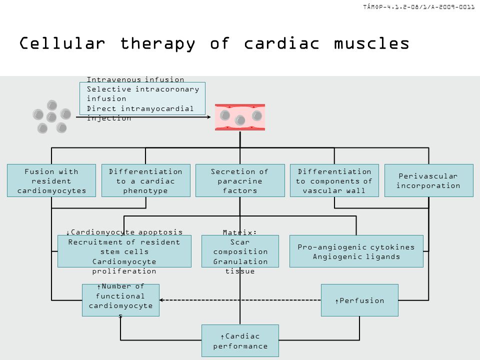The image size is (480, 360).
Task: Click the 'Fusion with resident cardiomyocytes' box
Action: click(51, 180)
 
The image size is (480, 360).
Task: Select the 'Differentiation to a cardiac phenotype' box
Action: click(145, 180)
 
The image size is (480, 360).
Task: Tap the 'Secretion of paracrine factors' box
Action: click(240, 180)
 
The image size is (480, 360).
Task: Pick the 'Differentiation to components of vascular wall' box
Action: click(334, 180)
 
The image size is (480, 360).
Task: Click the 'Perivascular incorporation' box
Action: click(429, 180)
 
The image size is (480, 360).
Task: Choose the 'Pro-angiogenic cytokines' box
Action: click(356, 251)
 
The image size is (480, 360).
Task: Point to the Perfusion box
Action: click(359, 300)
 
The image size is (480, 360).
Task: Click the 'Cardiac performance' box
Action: click(240, 340)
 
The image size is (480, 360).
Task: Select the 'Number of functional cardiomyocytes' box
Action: click(120, 300)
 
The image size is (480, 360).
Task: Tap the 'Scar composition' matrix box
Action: click(240, 251)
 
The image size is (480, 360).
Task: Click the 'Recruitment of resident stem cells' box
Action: click(124, 251)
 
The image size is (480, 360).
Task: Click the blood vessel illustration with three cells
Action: click(240, 117)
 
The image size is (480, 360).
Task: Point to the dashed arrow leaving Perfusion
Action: click(240, 300)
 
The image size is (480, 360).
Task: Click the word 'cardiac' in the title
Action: click(281, 43)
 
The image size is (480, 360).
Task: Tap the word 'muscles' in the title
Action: click(371, 43)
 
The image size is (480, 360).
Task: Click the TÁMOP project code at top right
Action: click(419, 6)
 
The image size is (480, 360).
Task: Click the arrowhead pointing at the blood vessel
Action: click(209, 117)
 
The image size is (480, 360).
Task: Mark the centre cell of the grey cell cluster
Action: click(51, 117)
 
